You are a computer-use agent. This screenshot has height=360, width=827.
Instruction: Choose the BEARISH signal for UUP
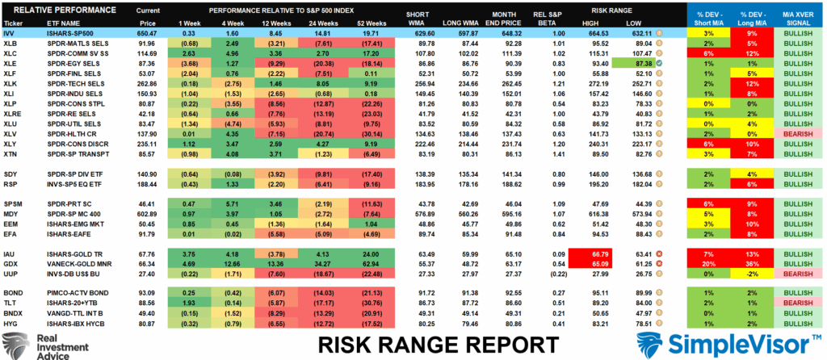[796, 274]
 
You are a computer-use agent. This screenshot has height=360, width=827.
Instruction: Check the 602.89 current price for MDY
[170, 213]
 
